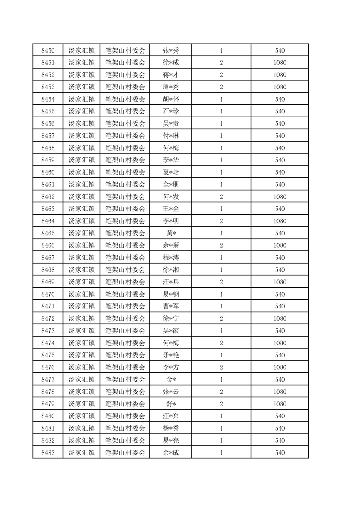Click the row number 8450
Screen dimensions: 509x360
tap(48, 50)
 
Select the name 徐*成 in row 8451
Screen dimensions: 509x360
tap(171, 63)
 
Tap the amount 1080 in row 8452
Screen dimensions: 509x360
tap(280, 75)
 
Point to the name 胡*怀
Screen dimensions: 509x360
tap(171, 99)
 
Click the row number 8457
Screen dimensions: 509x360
tap(48, 136)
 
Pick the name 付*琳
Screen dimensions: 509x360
tap(171, 136)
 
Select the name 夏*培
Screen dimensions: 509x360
tap(171, 172)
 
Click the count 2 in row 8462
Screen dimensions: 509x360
tap(221, 197)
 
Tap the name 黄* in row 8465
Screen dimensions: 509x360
tap(171, 233)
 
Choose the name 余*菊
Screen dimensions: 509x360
tap(171, 245)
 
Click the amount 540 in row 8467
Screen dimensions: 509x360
tap(280, 258)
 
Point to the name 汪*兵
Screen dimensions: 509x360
tap(171, 282)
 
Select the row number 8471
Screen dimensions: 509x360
tap(48, 307)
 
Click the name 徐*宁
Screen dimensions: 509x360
tap(171, 319)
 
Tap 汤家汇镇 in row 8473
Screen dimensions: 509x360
tap(81, 331)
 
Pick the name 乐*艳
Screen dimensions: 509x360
tap(171, 355)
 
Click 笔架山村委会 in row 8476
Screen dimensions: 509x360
tap(125, 367)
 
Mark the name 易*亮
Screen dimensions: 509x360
tap(171, 440)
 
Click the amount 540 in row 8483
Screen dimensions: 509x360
tap(280, 453)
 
